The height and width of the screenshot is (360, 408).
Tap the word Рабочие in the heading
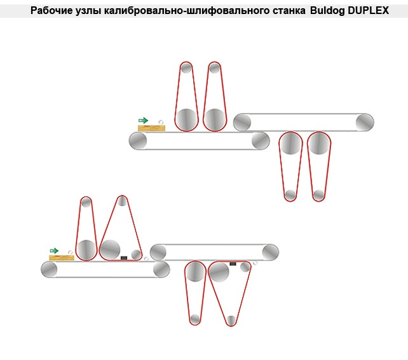(50, 11)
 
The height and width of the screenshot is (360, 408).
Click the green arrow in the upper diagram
(143, 120)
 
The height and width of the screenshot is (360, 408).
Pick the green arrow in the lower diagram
(54, 251)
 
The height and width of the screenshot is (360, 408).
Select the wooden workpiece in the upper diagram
(151, 128)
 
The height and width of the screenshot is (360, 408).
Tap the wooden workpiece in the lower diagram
(62, 257)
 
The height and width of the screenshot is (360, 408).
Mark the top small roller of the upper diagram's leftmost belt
(186, 68)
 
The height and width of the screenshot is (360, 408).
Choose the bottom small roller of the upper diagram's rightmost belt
(319, 195)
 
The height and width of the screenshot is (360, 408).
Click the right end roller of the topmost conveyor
(364, 121)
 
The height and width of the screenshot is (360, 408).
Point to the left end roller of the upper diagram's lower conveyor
(139, 141)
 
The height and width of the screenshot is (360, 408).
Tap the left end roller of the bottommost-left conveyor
(50, 270)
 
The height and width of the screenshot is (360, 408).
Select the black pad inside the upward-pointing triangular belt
(125, 258)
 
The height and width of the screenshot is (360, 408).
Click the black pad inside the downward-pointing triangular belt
(233, 263)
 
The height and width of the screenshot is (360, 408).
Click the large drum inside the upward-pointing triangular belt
(109, 249)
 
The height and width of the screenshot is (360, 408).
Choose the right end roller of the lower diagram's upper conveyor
(271, 252)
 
